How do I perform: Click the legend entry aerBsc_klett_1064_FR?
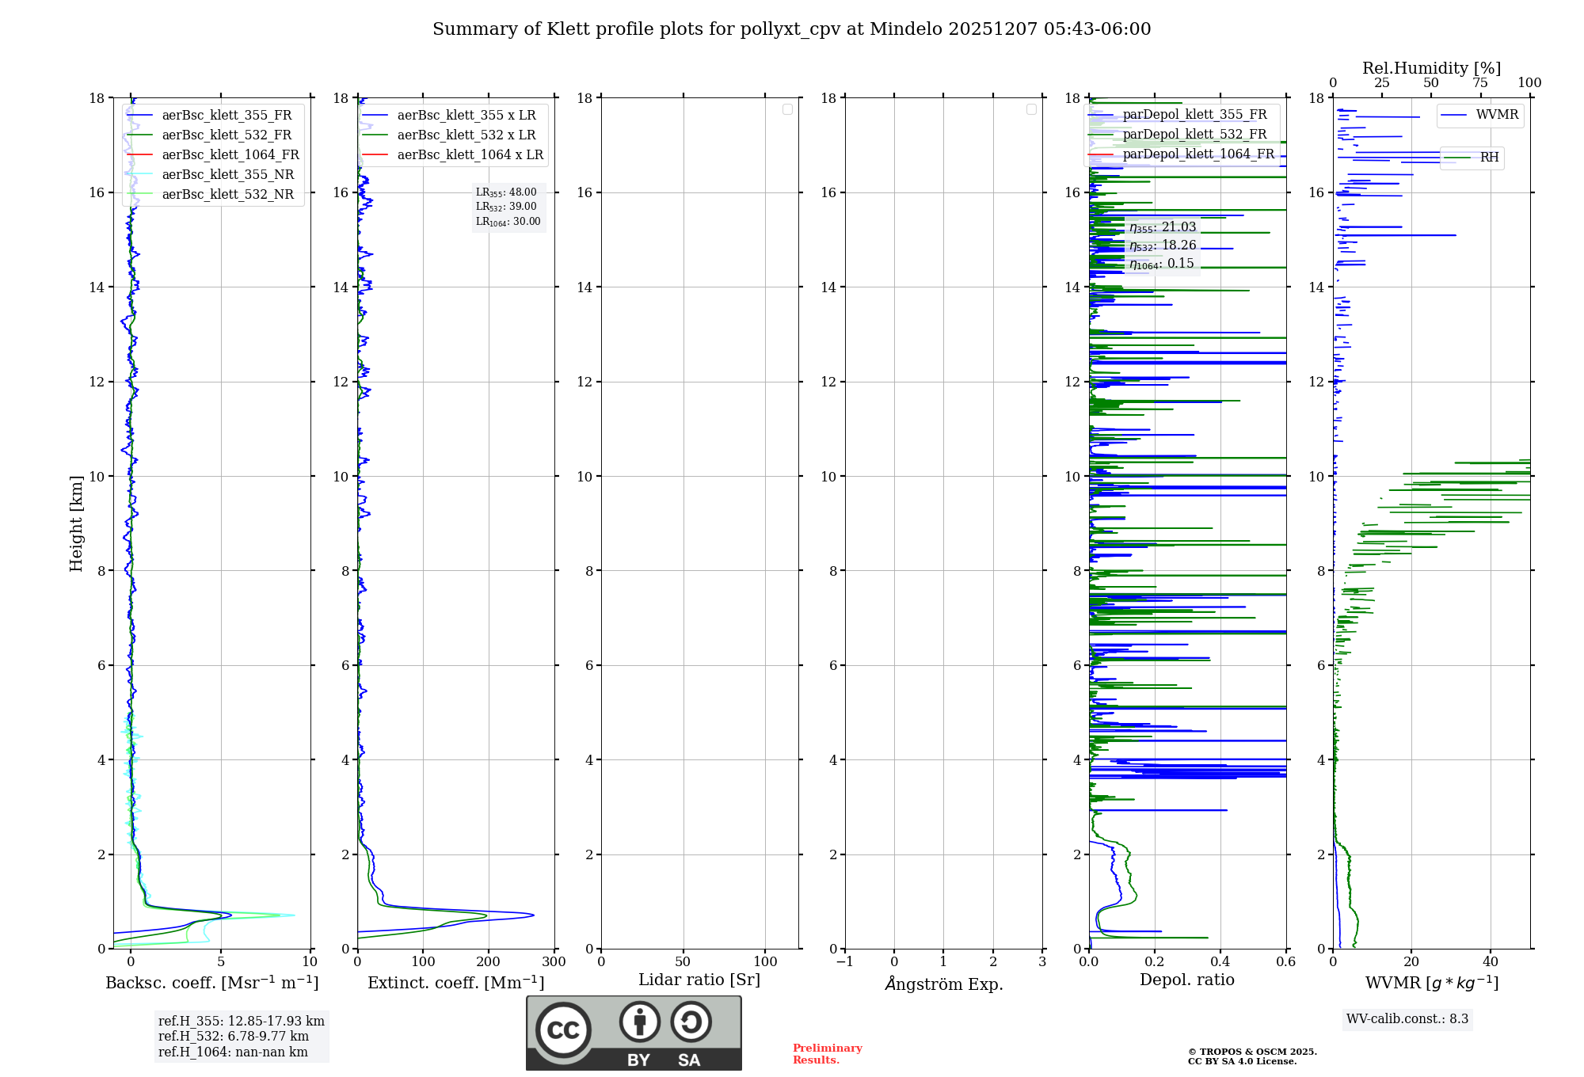point(230,155)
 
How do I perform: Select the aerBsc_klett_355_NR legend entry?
point(227,175)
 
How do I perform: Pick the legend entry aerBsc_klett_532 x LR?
point(466,135)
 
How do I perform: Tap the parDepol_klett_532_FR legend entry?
point(1194,135)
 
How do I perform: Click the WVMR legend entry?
point(1497,115)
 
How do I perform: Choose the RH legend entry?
point(1489,158)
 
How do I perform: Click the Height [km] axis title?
point(76,523)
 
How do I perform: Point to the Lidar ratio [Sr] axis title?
point(699,980)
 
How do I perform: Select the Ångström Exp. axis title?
point(943,984)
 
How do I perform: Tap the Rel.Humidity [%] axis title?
point(1431,68)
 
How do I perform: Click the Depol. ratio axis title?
point(1186,980)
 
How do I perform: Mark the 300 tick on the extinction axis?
point(554,962)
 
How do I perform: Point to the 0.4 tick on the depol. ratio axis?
point(1220,962)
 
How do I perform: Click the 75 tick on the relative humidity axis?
point(1479,83)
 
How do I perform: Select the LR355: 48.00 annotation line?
point(506,192)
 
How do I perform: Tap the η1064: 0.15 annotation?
point(1161,264)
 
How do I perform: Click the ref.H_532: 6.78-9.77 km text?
point(233,1037)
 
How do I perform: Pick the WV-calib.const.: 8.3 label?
point(1407,1019)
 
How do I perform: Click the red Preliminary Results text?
point(827,1054)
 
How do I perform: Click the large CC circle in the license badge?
point(563,1030)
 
